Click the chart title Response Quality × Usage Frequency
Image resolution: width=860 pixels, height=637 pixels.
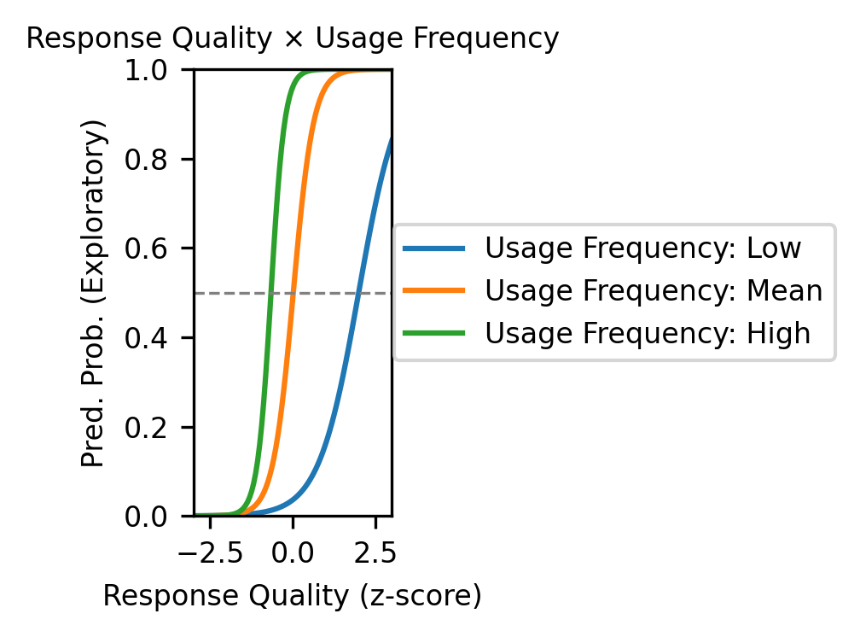293,38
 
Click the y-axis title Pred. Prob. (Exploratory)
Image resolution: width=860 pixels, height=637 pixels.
93,293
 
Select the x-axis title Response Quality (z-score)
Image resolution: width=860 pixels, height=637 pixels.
293,596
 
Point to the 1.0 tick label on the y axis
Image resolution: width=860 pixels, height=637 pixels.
146,70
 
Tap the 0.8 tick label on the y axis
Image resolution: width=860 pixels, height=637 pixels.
146,159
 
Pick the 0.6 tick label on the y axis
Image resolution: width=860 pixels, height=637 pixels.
146,248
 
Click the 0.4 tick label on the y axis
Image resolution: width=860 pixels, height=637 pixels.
146,338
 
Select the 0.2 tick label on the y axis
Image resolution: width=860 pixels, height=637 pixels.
146,427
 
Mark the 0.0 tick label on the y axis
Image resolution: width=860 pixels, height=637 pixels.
146,517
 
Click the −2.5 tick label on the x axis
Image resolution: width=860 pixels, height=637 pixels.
211,552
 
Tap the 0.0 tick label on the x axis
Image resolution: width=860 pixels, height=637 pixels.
293,552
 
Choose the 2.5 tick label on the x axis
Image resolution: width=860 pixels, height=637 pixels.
375,552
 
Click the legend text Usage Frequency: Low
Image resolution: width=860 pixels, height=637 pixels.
642,248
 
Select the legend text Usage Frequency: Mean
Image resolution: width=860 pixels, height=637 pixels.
654,290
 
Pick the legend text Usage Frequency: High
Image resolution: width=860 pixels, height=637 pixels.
648,333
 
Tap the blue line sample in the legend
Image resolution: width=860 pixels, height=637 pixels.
433,248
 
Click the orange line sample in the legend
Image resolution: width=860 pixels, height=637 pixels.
433,290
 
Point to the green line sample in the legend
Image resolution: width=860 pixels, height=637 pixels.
433,333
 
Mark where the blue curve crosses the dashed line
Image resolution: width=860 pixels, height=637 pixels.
357,293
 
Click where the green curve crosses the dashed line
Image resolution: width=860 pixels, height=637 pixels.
270,293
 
